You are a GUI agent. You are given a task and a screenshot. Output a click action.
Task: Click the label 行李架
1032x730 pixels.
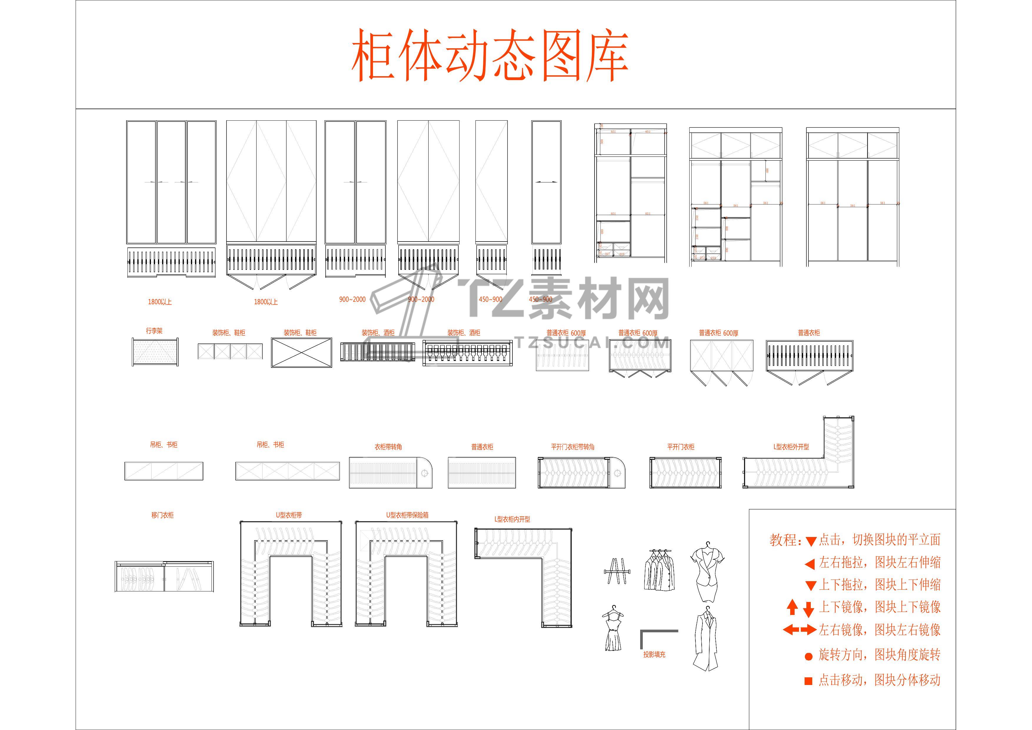(154, 331)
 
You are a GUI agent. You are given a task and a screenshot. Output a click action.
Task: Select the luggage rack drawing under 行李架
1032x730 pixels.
(155, 352)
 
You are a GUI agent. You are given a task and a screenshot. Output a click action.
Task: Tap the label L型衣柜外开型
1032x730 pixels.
(791, 447)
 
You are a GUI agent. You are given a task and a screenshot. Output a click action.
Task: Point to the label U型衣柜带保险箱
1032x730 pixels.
(407, 515)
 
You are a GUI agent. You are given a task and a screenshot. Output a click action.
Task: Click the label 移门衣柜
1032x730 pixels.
(162, 515)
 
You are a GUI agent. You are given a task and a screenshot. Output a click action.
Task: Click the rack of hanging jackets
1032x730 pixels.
(658, 571)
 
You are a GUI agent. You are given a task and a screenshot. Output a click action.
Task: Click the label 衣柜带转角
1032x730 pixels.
(388, 447)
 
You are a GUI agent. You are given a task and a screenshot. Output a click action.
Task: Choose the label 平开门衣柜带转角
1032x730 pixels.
(573, 447)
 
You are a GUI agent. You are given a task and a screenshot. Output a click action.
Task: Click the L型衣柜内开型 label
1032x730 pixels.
(512, 519)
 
